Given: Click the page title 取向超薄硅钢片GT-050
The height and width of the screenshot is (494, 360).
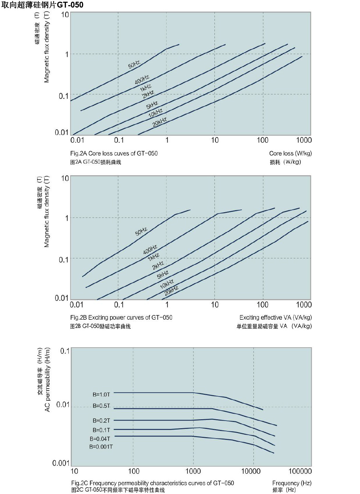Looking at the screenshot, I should coord(42,5).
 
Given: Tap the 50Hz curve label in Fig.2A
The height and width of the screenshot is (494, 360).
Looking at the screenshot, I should coord(134,64).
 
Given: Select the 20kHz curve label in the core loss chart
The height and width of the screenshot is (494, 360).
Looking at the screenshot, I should coord(160,122).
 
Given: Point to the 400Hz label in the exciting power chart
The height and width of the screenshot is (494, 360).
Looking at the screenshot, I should coord(150,249).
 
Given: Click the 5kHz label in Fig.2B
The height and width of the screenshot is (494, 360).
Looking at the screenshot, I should coord(162,275).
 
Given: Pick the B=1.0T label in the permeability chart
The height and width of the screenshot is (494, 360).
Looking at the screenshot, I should coord(101,394).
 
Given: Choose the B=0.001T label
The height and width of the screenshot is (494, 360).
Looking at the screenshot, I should coord(101,447).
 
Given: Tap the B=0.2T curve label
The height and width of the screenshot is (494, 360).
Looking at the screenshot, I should coord(101,421).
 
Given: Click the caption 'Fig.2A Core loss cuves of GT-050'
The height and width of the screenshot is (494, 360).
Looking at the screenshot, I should coord(114,153).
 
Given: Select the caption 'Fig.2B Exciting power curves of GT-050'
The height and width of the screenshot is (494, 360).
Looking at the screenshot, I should coord(121,317).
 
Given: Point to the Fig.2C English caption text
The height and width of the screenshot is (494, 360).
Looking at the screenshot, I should coord(152,483).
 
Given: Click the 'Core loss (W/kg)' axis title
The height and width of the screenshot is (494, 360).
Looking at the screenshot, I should coord(290,153).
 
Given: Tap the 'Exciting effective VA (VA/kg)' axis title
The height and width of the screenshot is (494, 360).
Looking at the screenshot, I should coord(275,317).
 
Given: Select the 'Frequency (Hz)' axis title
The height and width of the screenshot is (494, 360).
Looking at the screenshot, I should coord(292,483).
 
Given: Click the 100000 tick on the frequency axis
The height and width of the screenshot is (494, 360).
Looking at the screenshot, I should coord(300,471).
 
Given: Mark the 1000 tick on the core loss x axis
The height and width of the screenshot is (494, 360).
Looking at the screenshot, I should coord(303,140).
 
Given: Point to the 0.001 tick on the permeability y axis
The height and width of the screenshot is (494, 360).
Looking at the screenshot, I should coord(61,463).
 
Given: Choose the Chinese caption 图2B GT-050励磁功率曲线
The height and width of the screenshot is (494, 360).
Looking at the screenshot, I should coord(100,326).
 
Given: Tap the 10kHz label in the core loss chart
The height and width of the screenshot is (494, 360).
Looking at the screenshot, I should coord(155,113).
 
